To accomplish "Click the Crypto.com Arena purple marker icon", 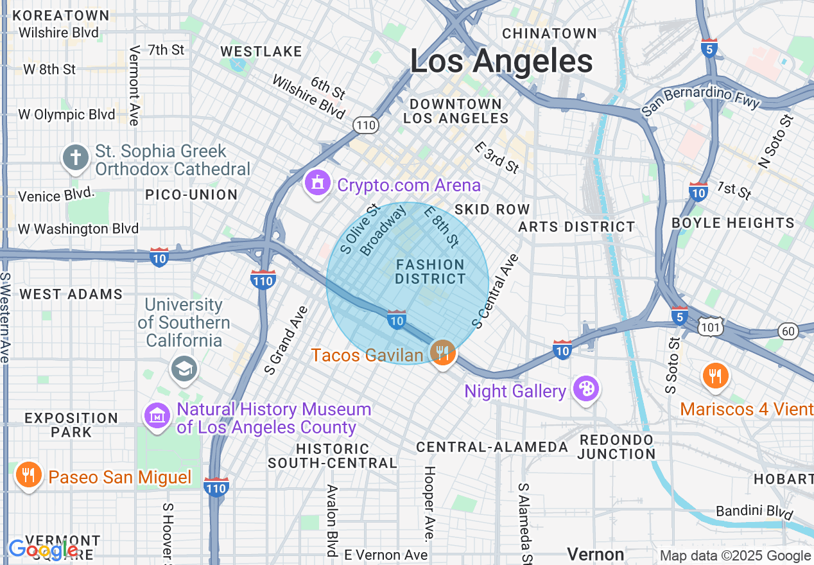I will [x=316, y=184].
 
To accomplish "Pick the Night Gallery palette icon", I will [x=585, y=389].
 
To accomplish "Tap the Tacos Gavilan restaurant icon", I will [x=442, y=352].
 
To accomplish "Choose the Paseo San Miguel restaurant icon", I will [x=28, y=476].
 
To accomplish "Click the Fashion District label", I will [x=430, y=272].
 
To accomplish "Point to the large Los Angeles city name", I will [x=501, y=62].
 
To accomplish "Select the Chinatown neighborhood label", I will [x=550, y=33].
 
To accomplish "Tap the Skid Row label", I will [x=492, y=209].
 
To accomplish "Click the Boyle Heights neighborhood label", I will [x=732, y=223].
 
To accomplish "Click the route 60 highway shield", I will [x=789, y=331].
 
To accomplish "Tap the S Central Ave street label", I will [x=495, y=291].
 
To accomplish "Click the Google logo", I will [x=43, y=550].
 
